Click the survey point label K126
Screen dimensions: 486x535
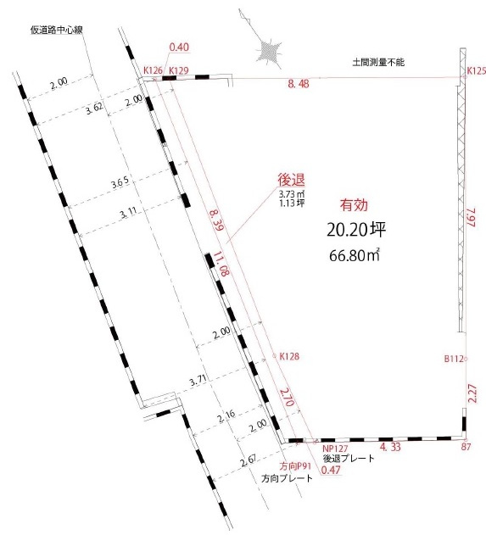[153, 70]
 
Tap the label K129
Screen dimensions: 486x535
[179, 70]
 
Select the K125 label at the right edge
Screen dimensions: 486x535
[476, 71]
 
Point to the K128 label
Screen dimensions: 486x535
[289, 356]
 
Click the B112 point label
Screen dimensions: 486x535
[454, 359]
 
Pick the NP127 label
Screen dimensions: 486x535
[335, 449]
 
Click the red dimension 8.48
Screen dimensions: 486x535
[299, 84]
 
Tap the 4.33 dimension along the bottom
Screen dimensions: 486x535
[390, 447]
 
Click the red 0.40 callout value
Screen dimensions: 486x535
[179, 47]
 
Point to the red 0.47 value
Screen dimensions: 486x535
[331, 470]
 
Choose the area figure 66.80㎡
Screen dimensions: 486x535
[355, 255]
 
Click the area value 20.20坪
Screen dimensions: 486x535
[356, 230]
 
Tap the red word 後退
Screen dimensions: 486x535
[291, 180]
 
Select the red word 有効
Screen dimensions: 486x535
[354, 205]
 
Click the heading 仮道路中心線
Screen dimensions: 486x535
[57, 30]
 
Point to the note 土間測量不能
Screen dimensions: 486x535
[378, 62]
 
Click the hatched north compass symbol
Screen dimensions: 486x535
[270, 52]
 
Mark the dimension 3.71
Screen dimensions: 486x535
[198, 381]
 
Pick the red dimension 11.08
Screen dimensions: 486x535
[221, 264]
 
